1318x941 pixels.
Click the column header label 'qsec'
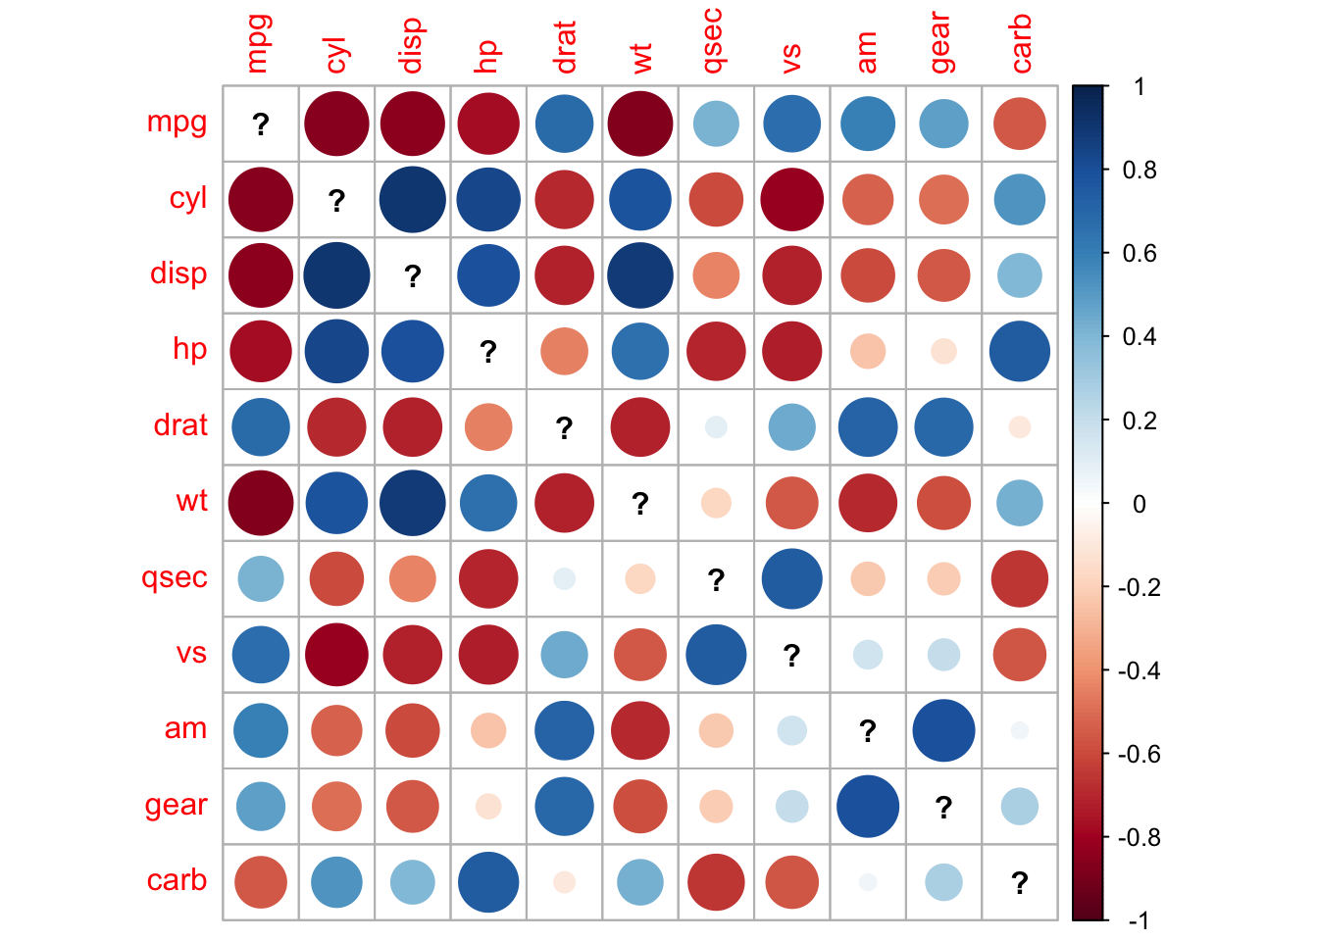[715, 41]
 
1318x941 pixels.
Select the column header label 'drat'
[564, 48]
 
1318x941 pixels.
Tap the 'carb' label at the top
[1021, 44]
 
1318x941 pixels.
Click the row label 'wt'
[192, 502]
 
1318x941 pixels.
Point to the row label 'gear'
[177, 806]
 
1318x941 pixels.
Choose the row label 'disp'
[178, 273]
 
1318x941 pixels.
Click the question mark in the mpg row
[261, 124]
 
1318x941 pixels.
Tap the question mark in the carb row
[1020, 883]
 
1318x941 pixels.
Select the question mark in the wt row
[640, 504]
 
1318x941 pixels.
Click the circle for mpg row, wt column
[640, 124]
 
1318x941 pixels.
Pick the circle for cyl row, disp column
[413, 200]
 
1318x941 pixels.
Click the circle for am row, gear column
[943, 730]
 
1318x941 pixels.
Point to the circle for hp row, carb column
[1020, 351]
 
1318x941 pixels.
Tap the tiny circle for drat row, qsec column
[716, 427]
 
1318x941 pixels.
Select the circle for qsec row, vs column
[791, 579]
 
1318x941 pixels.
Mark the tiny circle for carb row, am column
[868, 882]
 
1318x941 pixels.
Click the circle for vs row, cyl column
[336, 655]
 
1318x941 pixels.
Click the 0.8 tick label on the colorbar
[1139, 171]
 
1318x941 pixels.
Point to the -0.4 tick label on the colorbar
[1137, 671]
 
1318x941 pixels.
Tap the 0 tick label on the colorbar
[1139, 505]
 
